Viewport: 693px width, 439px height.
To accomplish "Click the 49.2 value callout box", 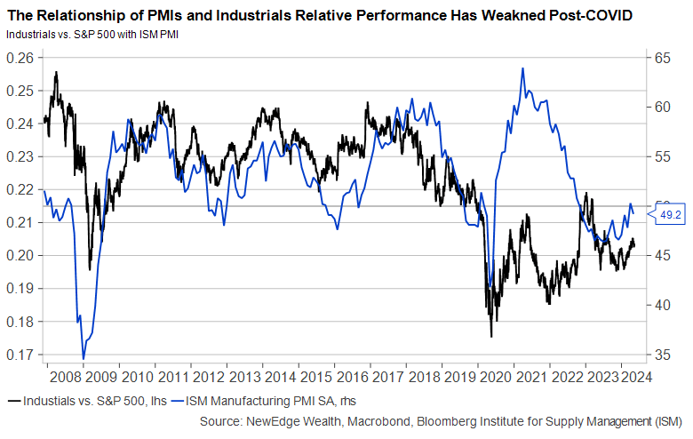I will click(668, 214).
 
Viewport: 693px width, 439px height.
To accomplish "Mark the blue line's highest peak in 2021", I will click(522, 68).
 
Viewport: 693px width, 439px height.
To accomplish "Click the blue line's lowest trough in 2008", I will click(84, 359).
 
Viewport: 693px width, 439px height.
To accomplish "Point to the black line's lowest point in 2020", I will click(491, 337).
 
